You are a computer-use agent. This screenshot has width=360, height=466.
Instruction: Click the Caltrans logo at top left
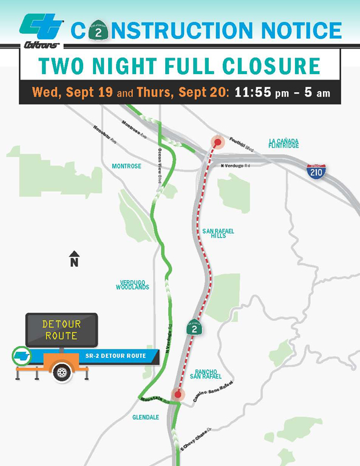pyautogui.click(x=41, y=31)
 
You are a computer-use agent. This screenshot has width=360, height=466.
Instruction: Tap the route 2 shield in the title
pyautogui.click(x=98, y=30)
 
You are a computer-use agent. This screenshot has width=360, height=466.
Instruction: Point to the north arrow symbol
pyautogui.click(x=74, y=259)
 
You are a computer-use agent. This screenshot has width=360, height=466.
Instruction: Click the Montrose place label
pyautogui.click(x=126, y=166)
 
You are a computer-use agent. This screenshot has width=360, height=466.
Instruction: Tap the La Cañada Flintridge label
pyautogui.click(x=284, y=143)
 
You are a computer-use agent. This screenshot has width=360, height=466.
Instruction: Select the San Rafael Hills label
pyautogui.click(x=218, y=234)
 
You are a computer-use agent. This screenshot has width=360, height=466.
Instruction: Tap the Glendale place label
pyautogui.click(x=146, y=417)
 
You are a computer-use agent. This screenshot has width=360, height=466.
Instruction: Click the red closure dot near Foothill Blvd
pyautogui.click(x=217, y=142)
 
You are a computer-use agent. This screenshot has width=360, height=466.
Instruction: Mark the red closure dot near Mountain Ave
pyautogui.click(x=177, y=394)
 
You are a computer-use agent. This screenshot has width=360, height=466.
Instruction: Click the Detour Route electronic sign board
pyautogui.click(x=61, y=330)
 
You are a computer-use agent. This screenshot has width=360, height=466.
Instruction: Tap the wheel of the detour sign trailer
pyautogui.click(x=61, y=372)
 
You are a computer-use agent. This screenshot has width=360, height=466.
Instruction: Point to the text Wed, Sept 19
pyautogui.click(x=67, y=93)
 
